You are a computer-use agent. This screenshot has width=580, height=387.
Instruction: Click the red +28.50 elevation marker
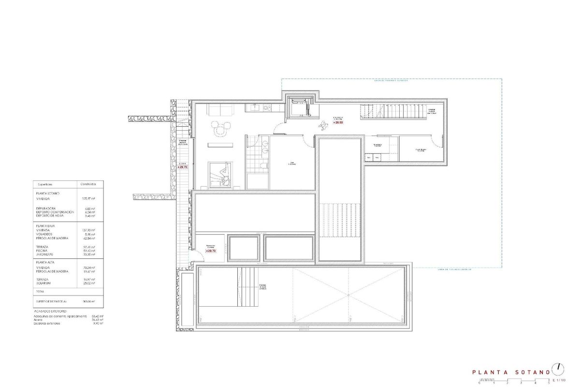click(338, 122)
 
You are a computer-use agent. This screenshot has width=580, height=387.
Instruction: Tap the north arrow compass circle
click(559, 368)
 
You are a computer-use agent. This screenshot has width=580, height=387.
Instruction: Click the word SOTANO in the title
click(532, 372)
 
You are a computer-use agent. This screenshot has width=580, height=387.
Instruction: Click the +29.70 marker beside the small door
click(210, 251)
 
